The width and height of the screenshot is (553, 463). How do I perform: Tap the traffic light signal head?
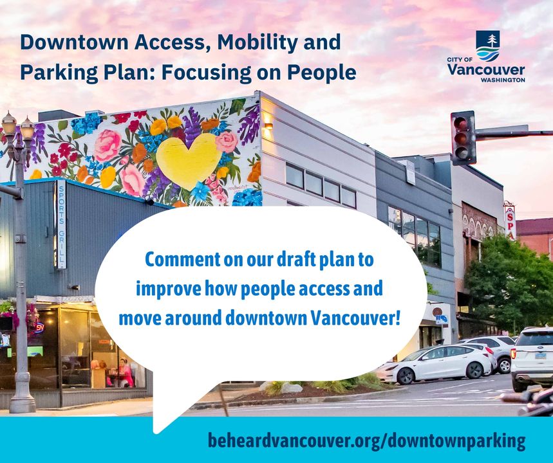[x=463, y=138]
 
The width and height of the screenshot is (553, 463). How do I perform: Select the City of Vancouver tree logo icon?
[x=488, y=46]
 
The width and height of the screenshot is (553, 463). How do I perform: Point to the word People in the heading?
[x=322, y=73]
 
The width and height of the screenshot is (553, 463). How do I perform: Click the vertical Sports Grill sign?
[x=61, y=224]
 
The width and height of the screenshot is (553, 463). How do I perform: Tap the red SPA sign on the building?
[x=510, y=221]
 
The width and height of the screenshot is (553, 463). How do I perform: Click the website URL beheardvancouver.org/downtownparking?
[x=366, y=440]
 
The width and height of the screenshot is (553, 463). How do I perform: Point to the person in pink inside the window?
[x=125, y=373]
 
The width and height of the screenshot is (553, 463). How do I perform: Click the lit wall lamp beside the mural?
[x=268, y=126]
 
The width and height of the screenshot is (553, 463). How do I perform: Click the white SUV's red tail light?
[x=513, y=352]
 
